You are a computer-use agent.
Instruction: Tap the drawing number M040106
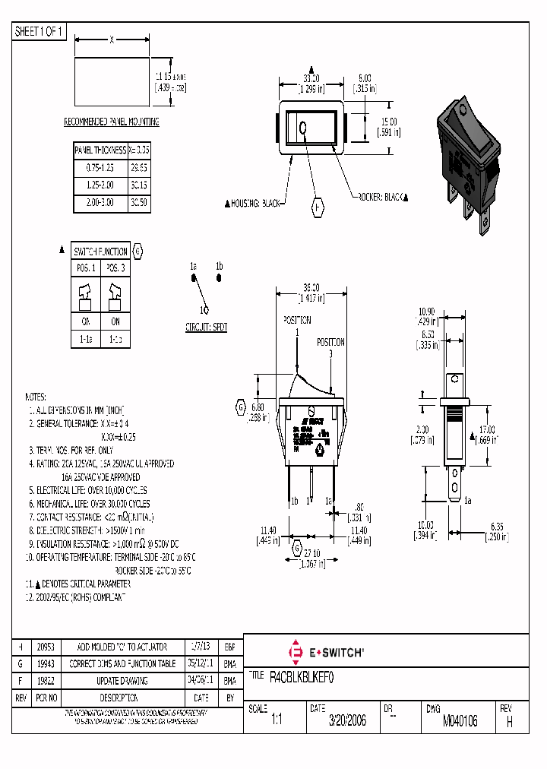[460, 721]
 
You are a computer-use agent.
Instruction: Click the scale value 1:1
[277, 721]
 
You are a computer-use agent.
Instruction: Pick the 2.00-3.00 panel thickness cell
[100, 204]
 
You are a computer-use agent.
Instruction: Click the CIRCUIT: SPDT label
[206, 328]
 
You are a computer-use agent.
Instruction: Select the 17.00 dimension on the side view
[486, 429]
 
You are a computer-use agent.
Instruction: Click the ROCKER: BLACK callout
[382, 197]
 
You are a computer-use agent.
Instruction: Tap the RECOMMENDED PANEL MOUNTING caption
[111, 122]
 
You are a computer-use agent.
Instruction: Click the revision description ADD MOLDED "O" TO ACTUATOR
[122, 647]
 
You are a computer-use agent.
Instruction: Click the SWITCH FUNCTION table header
[100, 252]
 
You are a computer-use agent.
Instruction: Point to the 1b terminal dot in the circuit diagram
[220, 278]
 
